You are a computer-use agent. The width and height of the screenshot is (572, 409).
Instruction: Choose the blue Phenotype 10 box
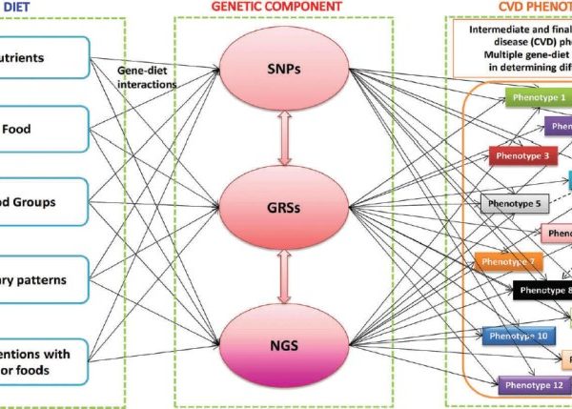(x=515, y=336)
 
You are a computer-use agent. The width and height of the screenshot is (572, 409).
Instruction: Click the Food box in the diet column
(x=44, y=130)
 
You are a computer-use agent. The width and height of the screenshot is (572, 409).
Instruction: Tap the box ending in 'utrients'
(x=44, y=58)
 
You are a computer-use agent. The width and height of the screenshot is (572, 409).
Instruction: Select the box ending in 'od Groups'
(x=44, y=202)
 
